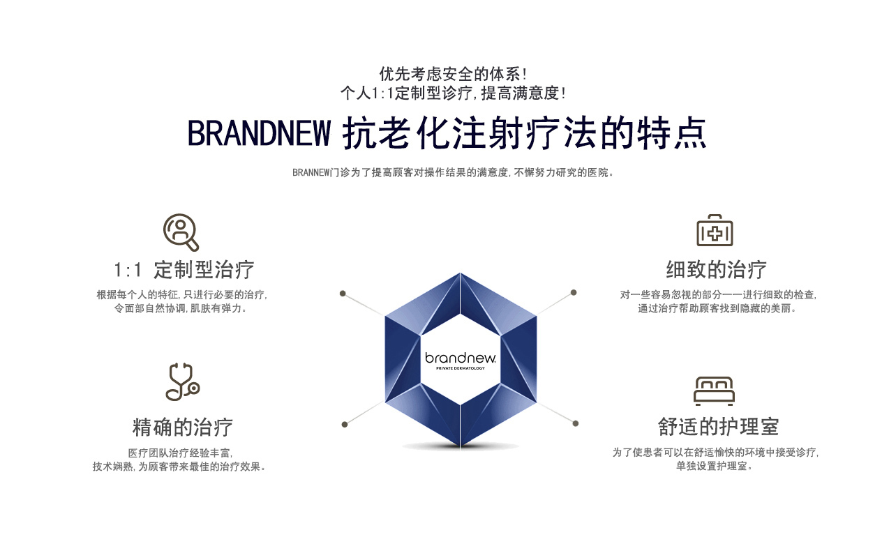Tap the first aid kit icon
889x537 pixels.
pos(715,230)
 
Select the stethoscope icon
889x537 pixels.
pos(182,381)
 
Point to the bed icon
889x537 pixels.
pos(714,391)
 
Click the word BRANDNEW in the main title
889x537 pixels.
pos(259,133)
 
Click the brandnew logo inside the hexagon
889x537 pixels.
pos(461,358)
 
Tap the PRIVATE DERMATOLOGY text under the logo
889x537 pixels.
pos(461,368)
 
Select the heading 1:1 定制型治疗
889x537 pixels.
pos(184,270)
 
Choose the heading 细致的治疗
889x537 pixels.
pos(717,270)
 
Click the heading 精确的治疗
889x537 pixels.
pos(183,427)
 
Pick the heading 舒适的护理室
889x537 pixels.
pos(718,427)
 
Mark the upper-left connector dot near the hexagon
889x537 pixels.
pos(343,294)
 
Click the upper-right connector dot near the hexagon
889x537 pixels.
pos(574,293)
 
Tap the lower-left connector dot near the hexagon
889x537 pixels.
pos(345,425)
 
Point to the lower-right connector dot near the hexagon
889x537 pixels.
pos(576,423)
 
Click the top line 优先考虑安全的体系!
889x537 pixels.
pos(454,74)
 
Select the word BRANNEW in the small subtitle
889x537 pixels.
pos(311,172)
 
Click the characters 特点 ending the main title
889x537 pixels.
pos(671,133)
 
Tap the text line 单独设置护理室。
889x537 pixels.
pos(715,466)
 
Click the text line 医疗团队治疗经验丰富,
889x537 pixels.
pos(181,453)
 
